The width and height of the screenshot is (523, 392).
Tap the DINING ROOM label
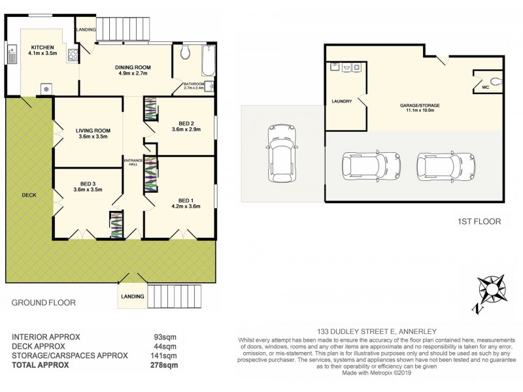(x=133, y=67)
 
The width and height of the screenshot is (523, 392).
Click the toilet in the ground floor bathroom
(x=185, y=52)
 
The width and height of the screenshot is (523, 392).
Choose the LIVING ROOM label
(x=89, y=131)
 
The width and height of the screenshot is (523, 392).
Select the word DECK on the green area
(x=29, y=194)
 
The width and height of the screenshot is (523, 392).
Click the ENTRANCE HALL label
(x=133, y=163)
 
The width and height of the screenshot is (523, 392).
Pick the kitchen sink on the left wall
(x=12, y=54)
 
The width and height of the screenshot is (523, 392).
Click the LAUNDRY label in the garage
(x=342, y=101)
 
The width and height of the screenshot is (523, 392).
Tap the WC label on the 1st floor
(x=485, y=86)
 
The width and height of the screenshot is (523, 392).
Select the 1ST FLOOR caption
(x=479, y=221)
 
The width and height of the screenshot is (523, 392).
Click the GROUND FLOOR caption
(x=43, y=302)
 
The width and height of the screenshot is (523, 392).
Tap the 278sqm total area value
(x=164, y=365)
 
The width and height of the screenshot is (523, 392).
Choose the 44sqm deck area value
(x=166, y=346)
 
